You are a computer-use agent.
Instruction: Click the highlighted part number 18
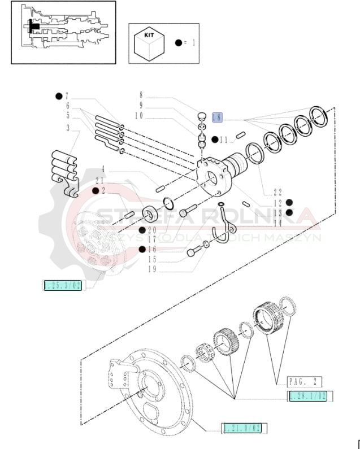pyautogui.click(x=218, y=117)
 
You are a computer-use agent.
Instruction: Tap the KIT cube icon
pyautogui.click(x=149, y=44)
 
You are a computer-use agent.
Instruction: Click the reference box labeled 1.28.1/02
pyautogui.click(x=308, y=396)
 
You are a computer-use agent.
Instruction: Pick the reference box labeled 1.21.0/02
pyautogui.click(x=242, y=428)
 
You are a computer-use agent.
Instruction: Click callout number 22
pyautogui.click(x=277, y=192)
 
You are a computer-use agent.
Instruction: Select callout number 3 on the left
pyautogui.click(x=68, y=128)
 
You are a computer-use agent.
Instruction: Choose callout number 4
pyautogui.click(x=103, y=168)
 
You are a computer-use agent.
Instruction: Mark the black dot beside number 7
pyautogui.click(x=59, y=95)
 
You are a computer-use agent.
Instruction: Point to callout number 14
pyautogui.click(x=277, y=223)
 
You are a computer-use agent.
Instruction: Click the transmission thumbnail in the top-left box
pyautogui.click(x=63, y=32)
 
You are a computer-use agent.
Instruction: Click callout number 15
pyautogui.click(x=151, y=259)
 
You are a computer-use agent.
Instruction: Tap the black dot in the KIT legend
pyautogui.click(x=179, y=42)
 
